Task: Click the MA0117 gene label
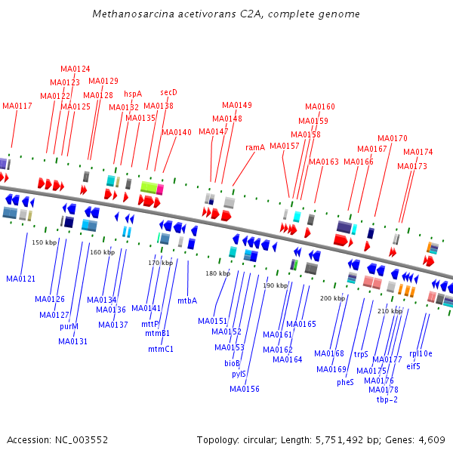(x=17, y=106)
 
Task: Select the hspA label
(x=133, y=94)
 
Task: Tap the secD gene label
(x=168, y=92)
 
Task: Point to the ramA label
(x=255, y=147)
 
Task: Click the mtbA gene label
(x=187, y=300)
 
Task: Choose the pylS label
(x=239, y=374)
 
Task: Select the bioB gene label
(x=232, y=363)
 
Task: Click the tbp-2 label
(x=387, y=399)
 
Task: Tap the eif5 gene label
(x=413, y=366)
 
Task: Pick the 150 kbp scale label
(x=45, y=242)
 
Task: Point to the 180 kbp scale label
(x=218, y=273)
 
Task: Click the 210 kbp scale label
(x=390, y=311)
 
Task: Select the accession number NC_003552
(x=82, y=440)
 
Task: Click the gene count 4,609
(x=432, y=440)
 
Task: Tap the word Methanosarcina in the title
(x=133, y=14)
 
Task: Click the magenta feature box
(x=160, y=190)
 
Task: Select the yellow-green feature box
(x=149, y=187)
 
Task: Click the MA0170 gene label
(x=393, y=138)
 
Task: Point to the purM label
(x=69, y=326)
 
